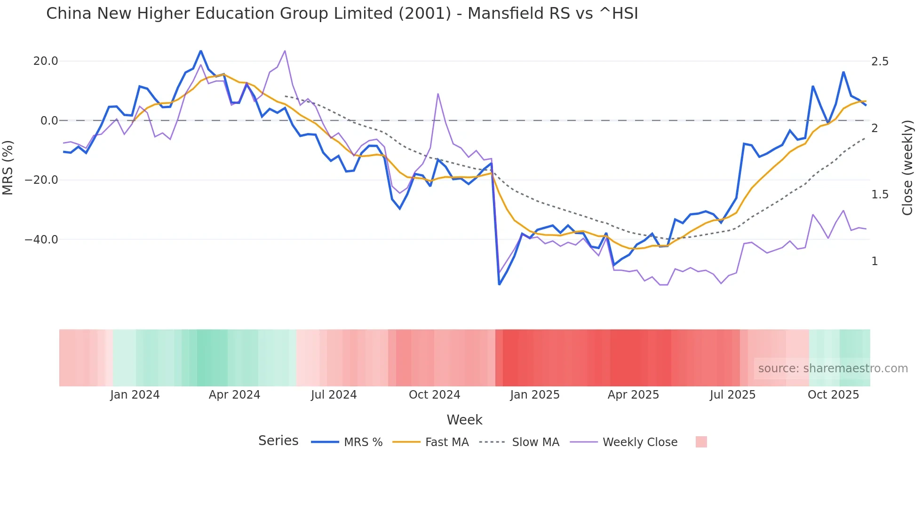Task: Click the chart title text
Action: (x=342, y=14)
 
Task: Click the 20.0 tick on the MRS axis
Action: (x=46, y=61)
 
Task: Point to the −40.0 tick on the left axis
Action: (x=42, y=240)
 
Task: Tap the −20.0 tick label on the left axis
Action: (x=42, y=180)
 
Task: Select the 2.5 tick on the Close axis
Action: (x=880, y=62)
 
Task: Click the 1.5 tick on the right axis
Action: (x=880, y=195)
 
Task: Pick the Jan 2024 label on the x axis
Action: (x=135, y=395)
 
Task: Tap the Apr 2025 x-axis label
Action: (x=633, y=395)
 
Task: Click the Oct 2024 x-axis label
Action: (x=434, y=395)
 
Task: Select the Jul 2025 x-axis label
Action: (x=732, y=395)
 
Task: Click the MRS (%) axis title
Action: (x=8, y=167)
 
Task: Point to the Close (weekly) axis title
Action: (x=907, y=167)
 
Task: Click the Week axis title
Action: (x=464, y=420)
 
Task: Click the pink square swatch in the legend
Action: (x=701, y=442)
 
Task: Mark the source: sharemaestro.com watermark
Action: (x=833, y=369)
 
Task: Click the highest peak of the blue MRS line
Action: (x=201, y=51)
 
